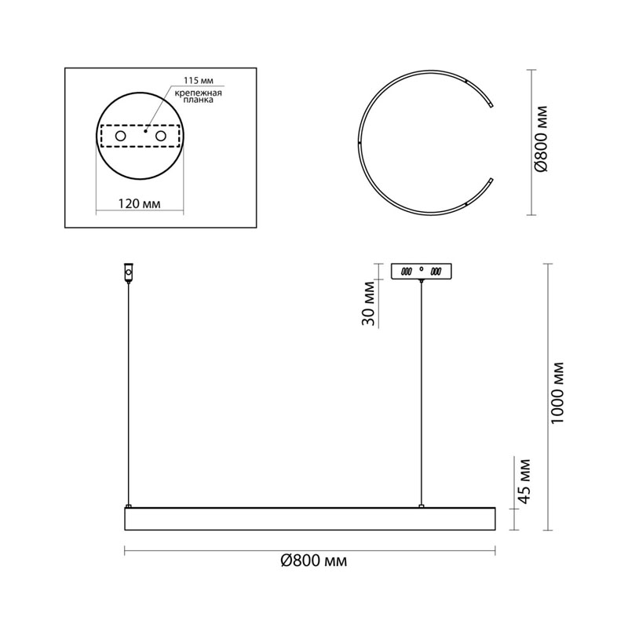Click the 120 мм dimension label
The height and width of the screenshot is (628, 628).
[x=140, y=204]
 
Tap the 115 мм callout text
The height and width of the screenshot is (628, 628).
[x=199, y=81]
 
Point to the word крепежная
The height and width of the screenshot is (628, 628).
[x=198, y=93]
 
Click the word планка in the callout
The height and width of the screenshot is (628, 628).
[x=198, y=100]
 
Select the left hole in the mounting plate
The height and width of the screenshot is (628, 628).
[x=120, y=136]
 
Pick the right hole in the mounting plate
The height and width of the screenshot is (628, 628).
[x=161, y=136]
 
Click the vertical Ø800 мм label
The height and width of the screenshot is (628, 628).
[x=541, y=139]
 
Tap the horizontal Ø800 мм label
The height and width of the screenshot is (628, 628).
[x=313, y=561]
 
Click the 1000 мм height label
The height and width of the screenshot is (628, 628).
[x=557, y=393]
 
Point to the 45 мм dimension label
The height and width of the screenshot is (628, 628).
[x=524, y=481]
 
